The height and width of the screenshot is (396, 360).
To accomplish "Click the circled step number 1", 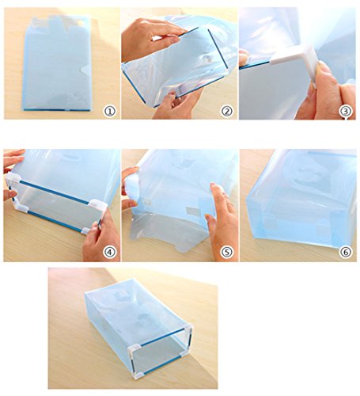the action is [x=110, y=112].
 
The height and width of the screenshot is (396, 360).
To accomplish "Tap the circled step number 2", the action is [x=227, y=112].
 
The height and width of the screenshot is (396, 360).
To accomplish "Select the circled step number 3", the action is [x=345, y=112].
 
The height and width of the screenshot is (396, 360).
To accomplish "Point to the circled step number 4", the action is [x=109, y=253].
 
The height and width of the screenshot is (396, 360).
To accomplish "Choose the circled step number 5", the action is [x=227, y=253].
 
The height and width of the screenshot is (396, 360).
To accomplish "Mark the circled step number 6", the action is [x=346, y=253].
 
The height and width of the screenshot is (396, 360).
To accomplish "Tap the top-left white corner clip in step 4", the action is [x=13, y=177].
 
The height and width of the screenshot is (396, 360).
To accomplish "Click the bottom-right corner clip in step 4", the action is [x=85, y=231].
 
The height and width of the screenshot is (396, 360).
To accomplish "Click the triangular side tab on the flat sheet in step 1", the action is [x=85, y=70].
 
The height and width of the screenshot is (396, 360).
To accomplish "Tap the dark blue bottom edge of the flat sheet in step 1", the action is [x=57, y=109].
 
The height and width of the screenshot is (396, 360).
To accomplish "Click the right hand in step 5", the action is [x=221, y=222].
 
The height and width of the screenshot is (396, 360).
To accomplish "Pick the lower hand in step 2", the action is [x=176, y=105].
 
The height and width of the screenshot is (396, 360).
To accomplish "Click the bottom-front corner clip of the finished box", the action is [x=138, y=375].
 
